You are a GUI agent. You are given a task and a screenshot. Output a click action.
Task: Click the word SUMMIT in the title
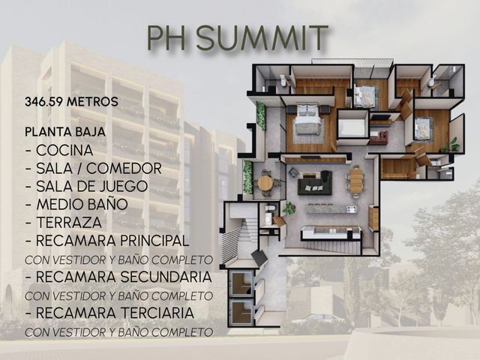click(x=262, y=38)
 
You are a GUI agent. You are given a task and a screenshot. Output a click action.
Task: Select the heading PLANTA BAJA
click(x=65, y=132)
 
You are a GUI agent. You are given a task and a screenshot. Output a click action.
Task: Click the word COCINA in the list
click(x=64, y=150)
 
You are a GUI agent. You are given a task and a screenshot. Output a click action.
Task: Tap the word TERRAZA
click(x=69, y=223)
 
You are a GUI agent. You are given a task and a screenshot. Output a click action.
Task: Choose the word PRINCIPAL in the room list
click(x=154, y=241)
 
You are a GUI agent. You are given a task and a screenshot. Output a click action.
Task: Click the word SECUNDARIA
click(x=166, y=277)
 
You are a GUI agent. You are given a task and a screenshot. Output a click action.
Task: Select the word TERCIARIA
click(x=157, y=313)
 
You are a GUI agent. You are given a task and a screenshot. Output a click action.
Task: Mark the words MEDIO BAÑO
click(x=82, y=205)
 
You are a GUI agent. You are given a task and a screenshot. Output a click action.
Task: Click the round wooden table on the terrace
click(x=265, y=183)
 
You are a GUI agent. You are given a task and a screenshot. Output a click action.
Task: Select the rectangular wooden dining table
click(x=356, y=181)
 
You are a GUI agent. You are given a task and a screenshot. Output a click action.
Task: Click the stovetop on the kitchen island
click(x=352, y=209)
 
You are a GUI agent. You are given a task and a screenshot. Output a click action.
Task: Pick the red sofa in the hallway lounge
click(x=379, y=137)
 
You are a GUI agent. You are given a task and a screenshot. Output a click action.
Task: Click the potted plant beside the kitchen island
click(x=289, y=208)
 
